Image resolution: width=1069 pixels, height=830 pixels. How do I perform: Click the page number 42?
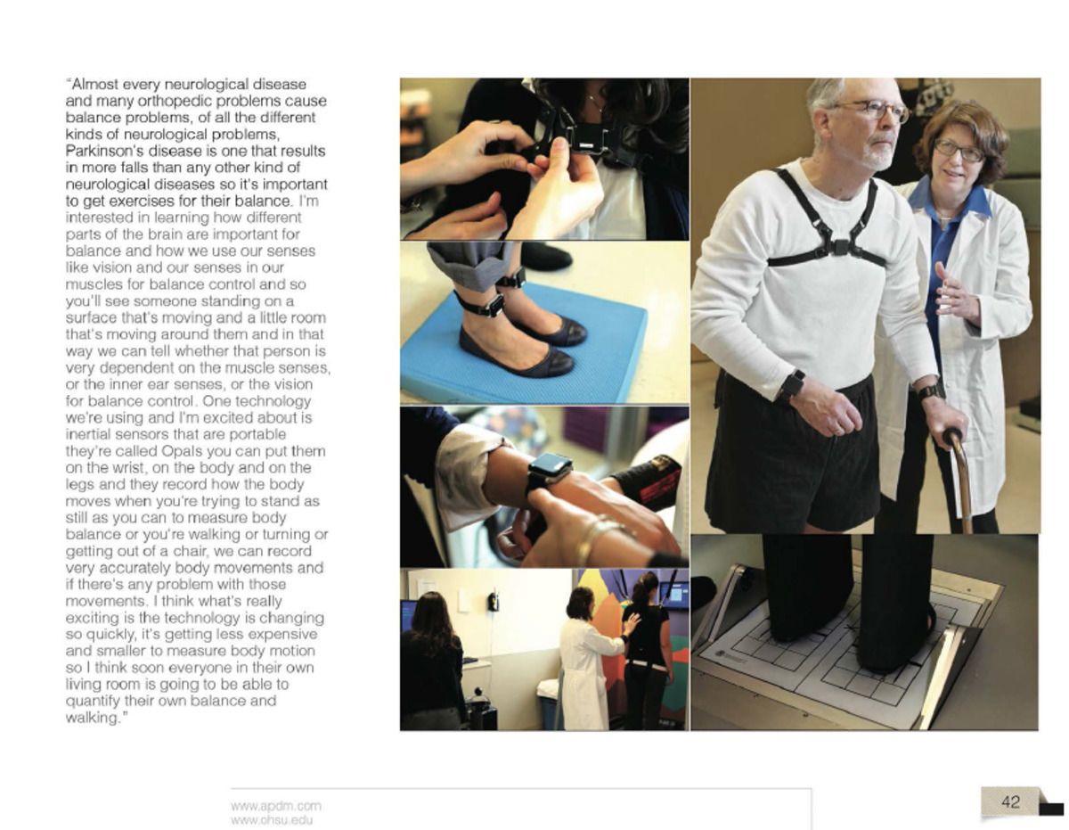coord(1010,802)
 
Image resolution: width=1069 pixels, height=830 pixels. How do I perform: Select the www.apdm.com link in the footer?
coord(275,806)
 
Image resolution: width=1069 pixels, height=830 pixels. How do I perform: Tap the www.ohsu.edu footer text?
coord(271,820)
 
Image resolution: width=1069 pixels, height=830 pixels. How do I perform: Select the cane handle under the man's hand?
coord(955,438)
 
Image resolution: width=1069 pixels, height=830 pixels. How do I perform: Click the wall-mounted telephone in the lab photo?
coord(493,601)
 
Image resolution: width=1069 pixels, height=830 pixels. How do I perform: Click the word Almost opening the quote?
coord(93,84)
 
